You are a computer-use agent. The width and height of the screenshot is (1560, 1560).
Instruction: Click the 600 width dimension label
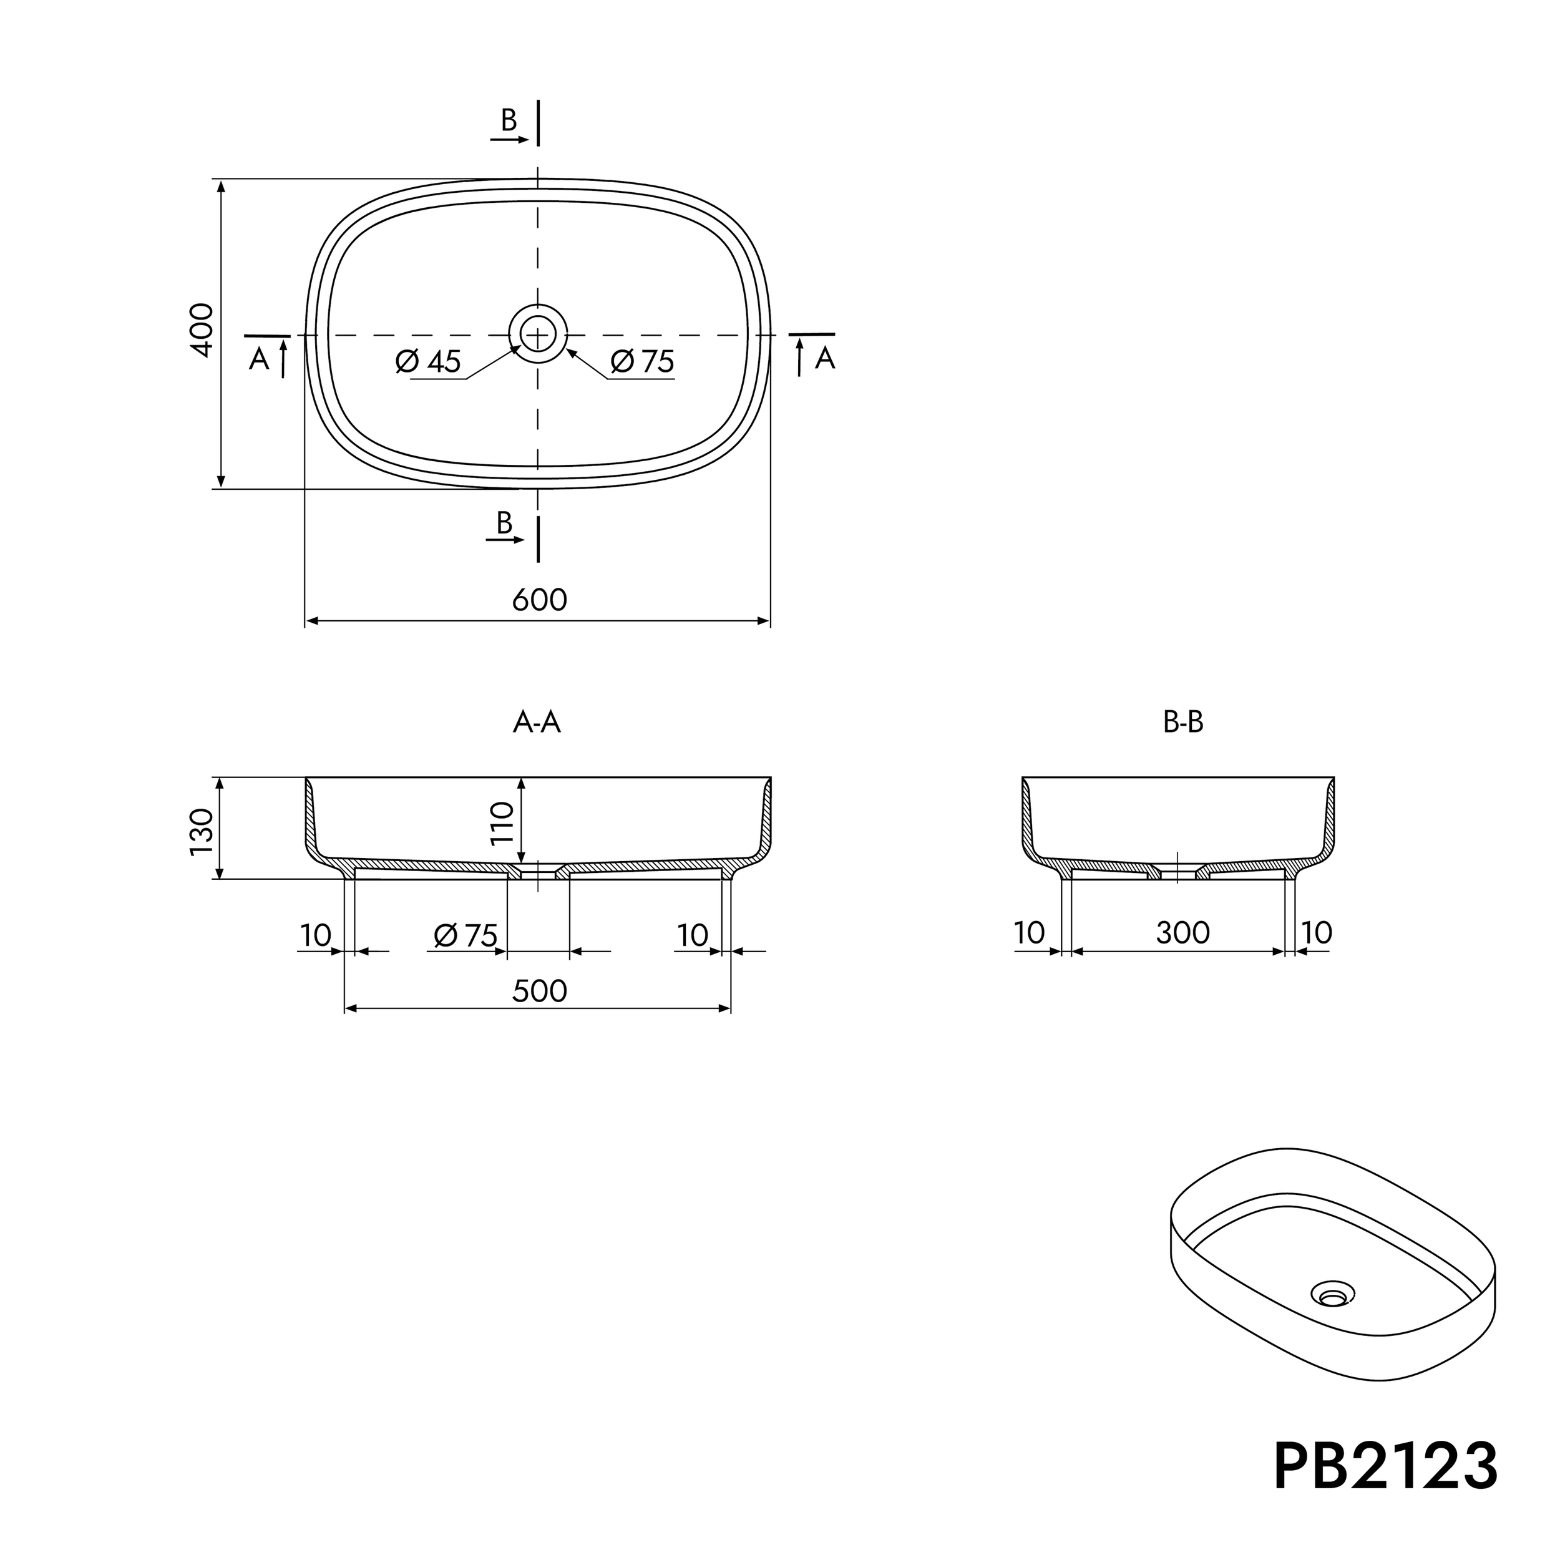(x=539, y=600)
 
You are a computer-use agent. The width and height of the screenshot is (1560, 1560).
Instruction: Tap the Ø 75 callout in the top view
(x=643, y=361)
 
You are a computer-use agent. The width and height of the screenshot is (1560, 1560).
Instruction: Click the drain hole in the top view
(x=538, y=333)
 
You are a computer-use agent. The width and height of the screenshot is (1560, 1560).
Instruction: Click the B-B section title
(x=1183, y=722)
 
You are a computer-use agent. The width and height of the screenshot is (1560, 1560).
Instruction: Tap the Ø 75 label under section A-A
(x=466, y=935)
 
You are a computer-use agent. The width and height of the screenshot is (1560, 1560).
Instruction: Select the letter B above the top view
(x=509, y=120)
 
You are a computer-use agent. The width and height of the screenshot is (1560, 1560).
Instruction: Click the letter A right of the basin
(x=824, y=358)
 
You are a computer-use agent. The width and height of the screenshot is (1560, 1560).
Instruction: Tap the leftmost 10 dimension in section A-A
(x=316, y=935)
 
